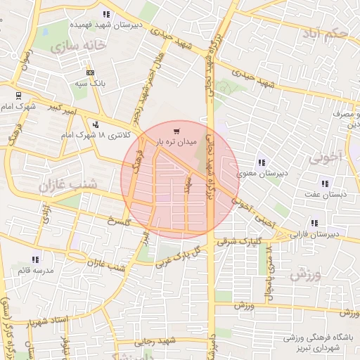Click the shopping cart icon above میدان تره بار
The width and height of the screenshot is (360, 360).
click(176, 130)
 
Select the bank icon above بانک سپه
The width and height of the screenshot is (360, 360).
click(90, 72)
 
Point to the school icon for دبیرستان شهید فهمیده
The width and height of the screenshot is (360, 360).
click(106, 14)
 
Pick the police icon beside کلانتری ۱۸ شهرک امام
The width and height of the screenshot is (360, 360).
click(95, 124)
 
